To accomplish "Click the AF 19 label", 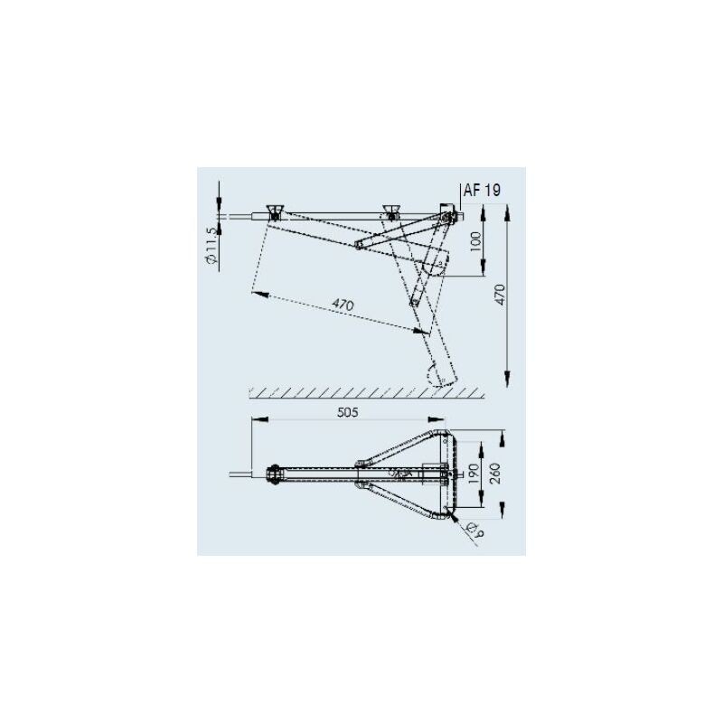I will (481, 191).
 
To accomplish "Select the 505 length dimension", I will (348, 413).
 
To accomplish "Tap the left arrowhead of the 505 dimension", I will (257, 420).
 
